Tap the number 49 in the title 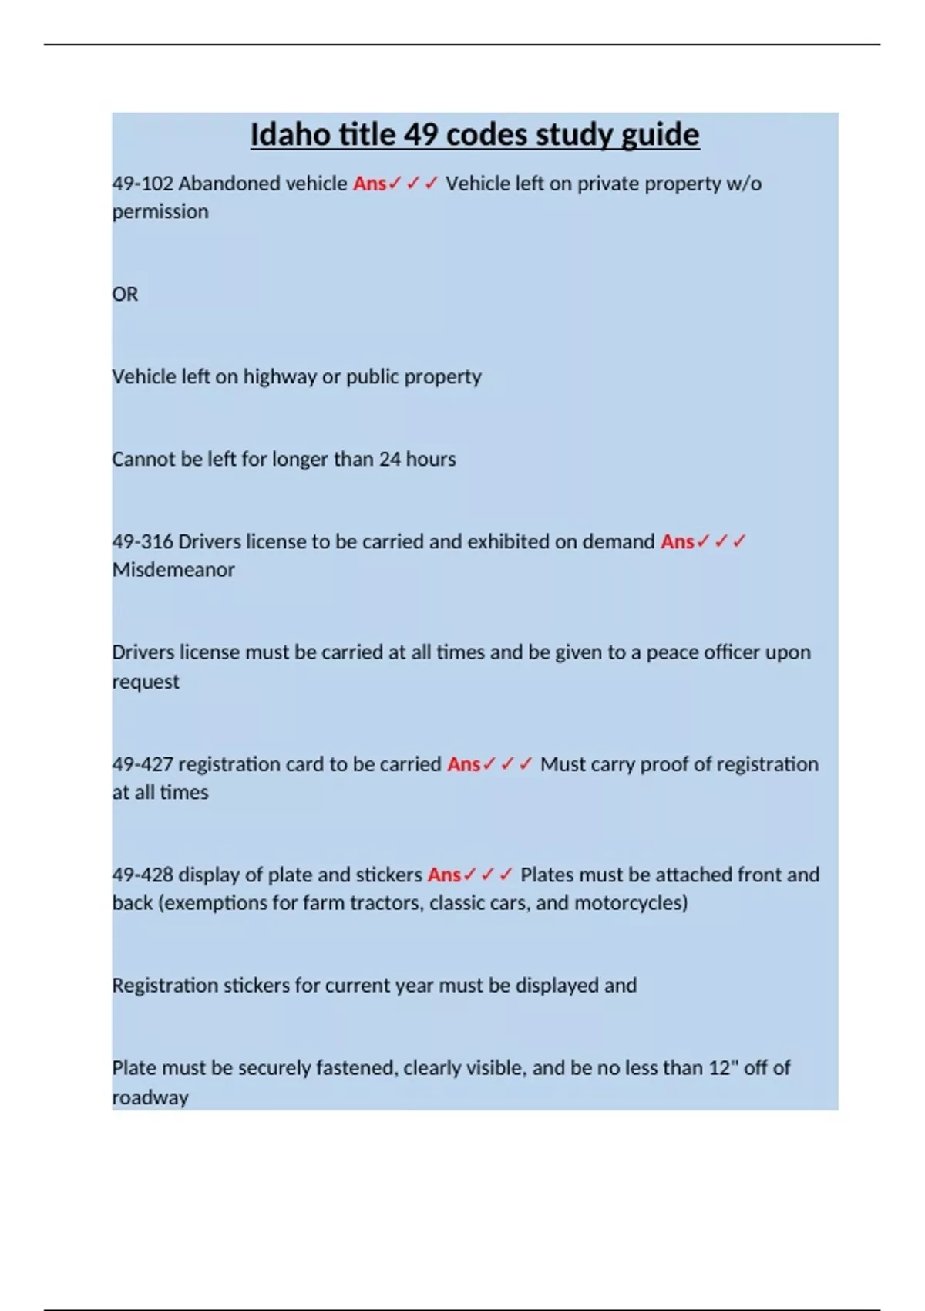click(x=421, y=135)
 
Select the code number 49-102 click(x=143, y=184)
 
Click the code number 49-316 click(x=143, y=541)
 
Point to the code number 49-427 click(x=143, y=764)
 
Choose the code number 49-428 click(x=143, y=875)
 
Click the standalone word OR click(x=125, y=295)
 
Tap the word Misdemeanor click(x=173, y=570)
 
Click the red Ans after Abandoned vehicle click(x=369, y=184)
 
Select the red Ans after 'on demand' click(x=677, y=541)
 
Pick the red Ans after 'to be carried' click(x=463, y=764)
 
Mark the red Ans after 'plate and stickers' click(x=444, y=875)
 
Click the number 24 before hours click(x=389, y=460)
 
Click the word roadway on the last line click(x=150, y=1097)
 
